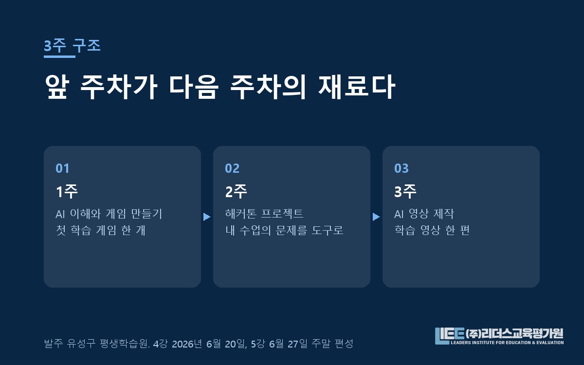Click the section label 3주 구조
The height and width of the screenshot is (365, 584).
pyautogui.click(x=72, y=46)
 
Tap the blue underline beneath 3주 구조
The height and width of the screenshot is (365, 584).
pyautogui.click(x=59, y=56)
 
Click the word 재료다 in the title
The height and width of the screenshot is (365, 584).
pyautogui.click(x=357, y=87)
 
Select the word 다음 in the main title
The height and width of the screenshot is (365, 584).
pyautogui.click(x=193, y=87)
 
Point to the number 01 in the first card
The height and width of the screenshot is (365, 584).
pyautogui.click(x=63, y=168)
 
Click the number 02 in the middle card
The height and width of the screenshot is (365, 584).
pyautogui.click(x=232, y=168)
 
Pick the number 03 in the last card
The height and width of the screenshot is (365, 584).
pyautogui.click(x=401, y=168)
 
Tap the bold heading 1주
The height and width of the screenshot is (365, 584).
pyautogui.click(x=67, y=192)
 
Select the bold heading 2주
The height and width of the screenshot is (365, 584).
pyautogui.click(x=236, y=192)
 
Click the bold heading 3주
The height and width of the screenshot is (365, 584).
pyautogui.click(x=405, y=192)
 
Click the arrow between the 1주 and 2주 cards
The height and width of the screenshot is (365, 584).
pyautogui.click(x=207, y=217)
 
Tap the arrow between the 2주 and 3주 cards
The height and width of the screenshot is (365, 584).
pyautogui.click(x=376, y=217)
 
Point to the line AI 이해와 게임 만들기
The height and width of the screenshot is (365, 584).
pyautogui.click(x=109, y=214)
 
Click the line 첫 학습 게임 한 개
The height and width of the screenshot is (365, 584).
pyautogui.click(x=101, y=230)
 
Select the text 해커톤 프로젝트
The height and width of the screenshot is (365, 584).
pyautogui.click(x=264, y=214)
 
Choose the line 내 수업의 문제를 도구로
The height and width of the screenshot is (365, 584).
pyautogui.click(x=284, y=230)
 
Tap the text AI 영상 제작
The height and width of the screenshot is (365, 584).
pyautogui.click(x=424, y=214)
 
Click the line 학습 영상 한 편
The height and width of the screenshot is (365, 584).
pyautogui.click(x=432, y=230)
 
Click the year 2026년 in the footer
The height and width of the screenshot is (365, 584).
pyautogui.click(x=187, y=344)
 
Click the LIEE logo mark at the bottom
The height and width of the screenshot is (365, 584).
pyautogui.click(x=450, y=336)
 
